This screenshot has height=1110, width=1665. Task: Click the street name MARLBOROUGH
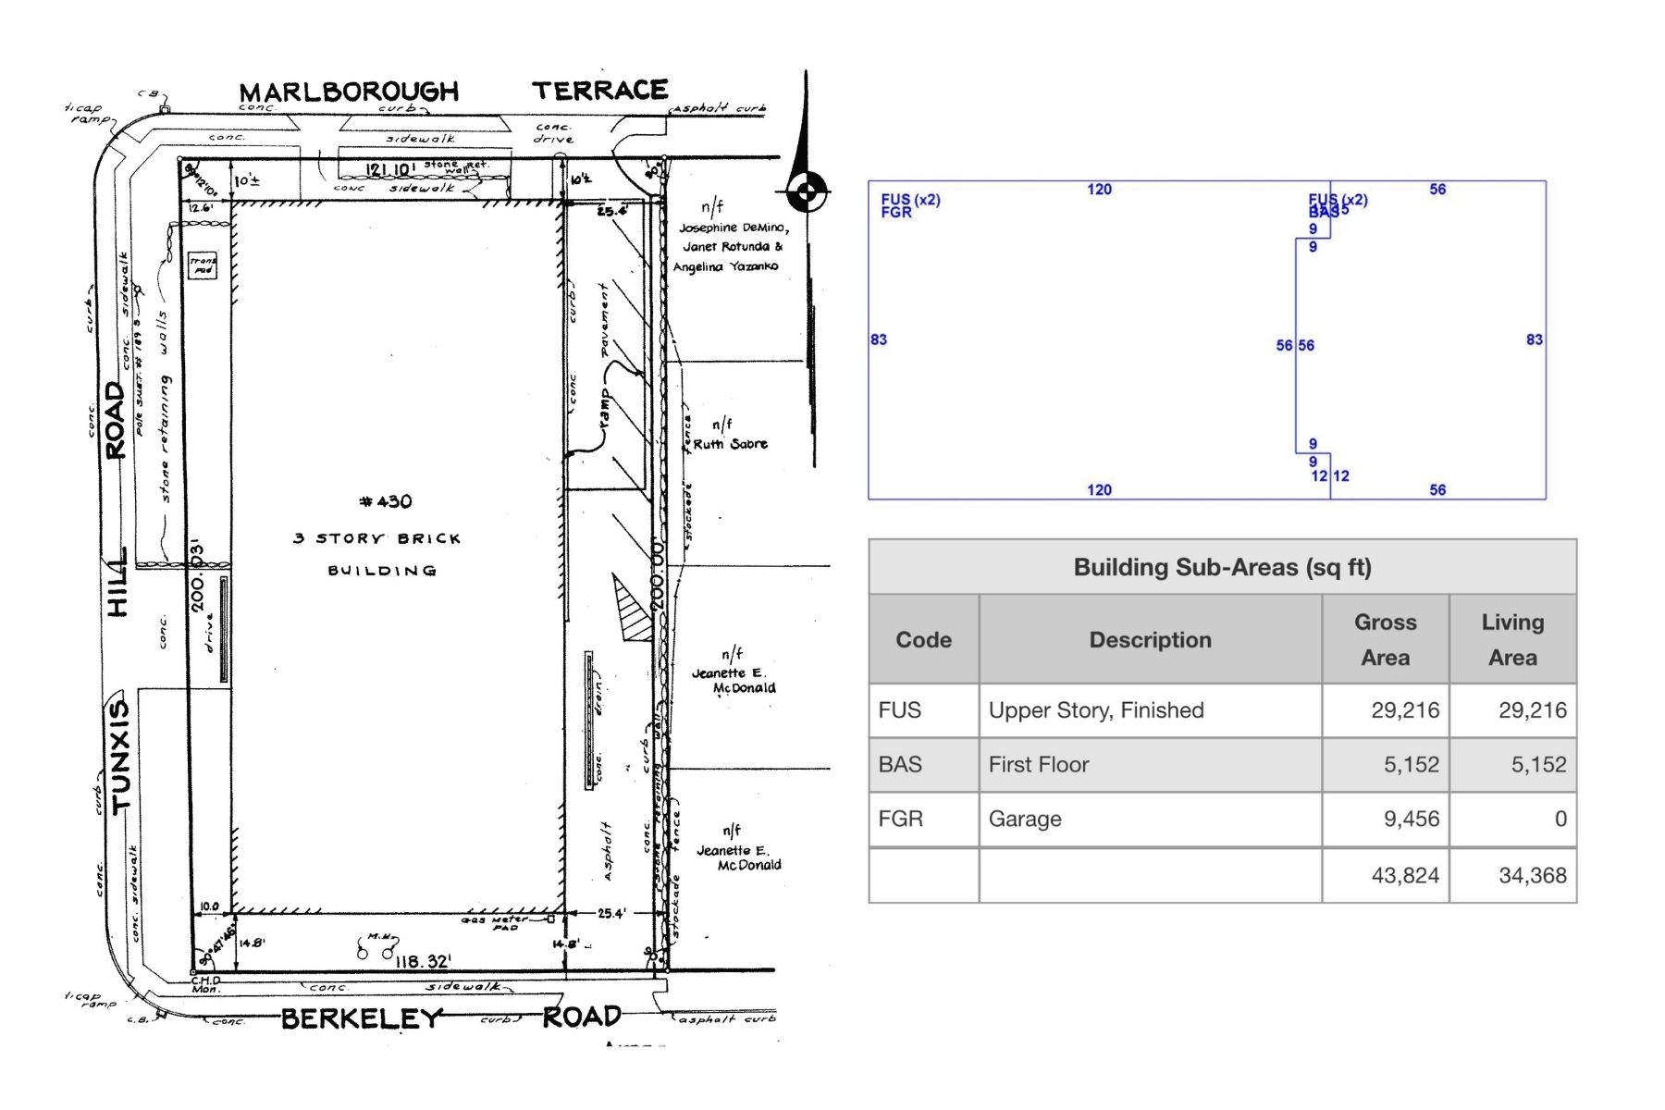click(x=349, y=92)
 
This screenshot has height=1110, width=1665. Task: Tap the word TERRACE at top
click(x=599, y=91)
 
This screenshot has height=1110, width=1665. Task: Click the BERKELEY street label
click(x=363, y=1018)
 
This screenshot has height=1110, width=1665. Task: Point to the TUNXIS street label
click(x=120, y=756)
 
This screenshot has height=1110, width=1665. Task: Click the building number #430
click(x=386, y=501)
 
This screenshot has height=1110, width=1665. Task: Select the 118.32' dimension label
click(x=423, y=962)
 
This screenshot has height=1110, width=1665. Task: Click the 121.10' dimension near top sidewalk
click(x=390, y=170)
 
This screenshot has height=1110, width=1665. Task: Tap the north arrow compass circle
click(x=807, y=192)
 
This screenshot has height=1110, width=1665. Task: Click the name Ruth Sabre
click(x=730, y=444)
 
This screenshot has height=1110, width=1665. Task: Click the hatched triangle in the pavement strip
click(x=632, y=610)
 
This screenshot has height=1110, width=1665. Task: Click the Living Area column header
click(x=1512, y=639)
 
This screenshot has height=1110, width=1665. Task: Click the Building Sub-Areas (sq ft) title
click(x=1222, y=567)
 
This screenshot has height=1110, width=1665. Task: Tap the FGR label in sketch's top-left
click(x=896, y=213)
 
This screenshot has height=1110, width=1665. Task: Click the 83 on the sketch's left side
click(x=879, y=339)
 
